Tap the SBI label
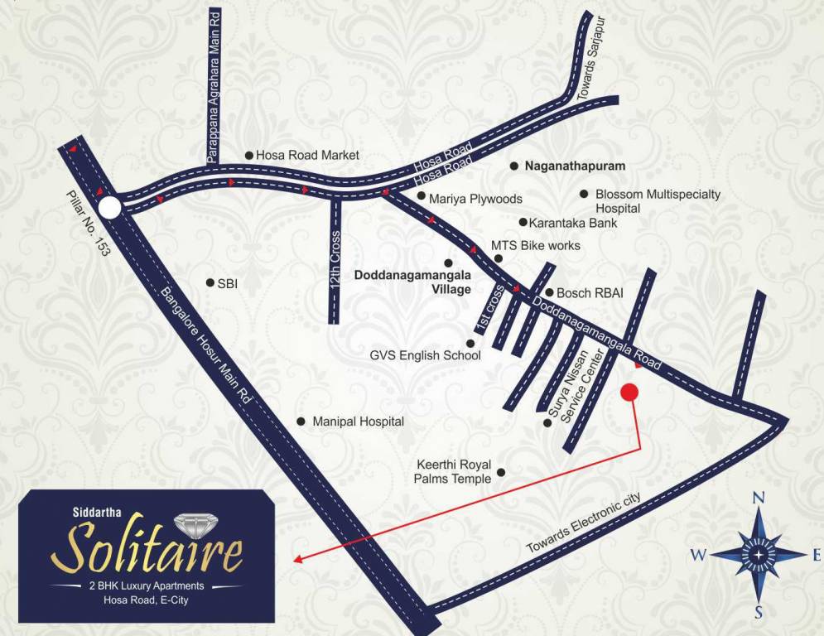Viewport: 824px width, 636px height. [228, 282]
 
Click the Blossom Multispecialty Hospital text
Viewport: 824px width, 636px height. [658, 201]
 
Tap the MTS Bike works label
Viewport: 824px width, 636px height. [536, 246]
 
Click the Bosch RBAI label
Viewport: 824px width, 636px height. [590, 292]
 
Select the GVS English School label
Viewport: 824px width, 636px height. [425, 356]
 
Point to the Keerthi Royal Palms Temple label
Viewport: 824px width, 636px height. [453, 471]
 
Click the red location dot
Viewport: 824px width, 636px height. [629, 393]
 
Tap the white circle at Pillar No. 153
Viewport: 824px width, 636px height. [110, 207]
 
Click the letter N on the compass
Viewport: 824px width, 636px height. [758, 499]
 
